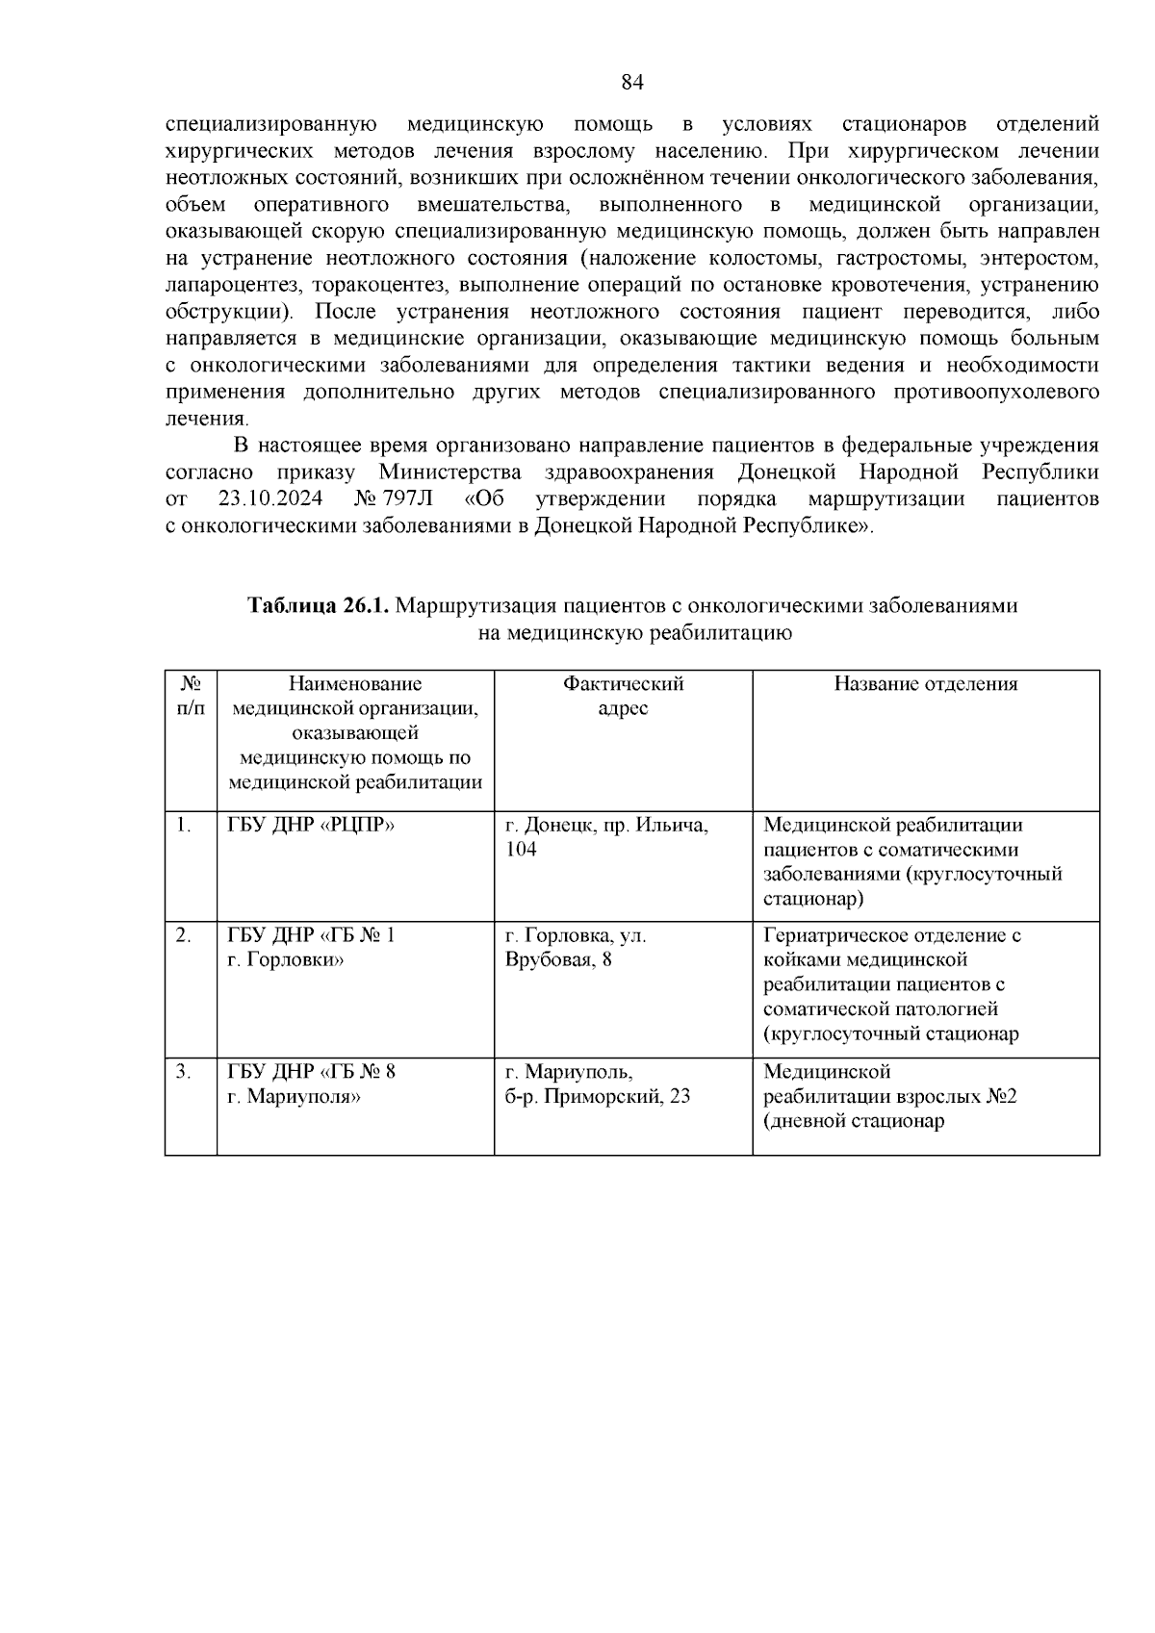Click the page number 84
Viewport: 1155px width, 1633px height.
coord(632,83)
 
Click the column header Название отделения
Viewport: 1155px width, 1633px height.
coord(925,684)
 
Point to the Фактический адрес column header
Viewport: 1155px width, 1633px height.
coord(623,696)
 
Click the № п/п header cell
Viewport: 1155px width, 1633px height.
coord(191,696)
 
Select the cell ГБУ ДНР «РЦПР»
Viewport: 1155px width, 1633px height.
coord(311,826)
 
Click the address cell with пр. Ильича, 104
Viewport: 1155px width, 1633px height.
coord(606,837)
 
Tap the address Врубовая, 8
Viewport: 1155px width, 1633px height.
coord(558,960)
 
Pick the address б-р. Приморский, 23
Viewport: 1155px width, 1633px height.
coord(598,1096)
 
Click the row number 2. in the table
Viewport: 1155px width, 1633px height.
coord(184,935)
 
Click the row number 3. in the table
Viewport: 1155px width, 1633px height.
coord(184,1071)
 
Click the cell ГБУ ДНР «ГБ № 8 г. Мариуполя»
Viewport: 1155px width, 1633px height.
coord(311,1084)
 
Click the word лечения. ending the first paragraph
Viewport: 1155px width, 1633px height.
coord(207,420)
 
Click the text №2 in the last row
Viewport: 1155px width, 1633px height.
coord(998,1096)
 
